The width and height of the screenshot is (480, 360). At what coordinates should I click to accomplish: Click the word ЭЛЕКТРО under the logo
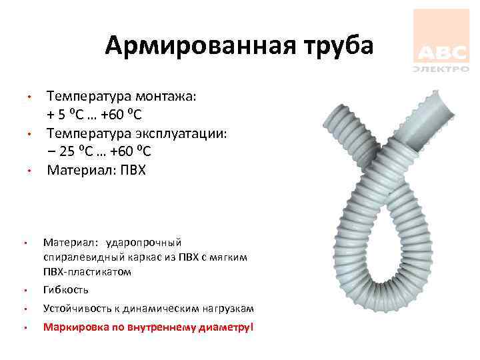click(440, 69)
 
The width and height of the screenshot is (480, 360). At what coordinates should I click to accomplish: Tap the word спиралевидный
click(78, 257)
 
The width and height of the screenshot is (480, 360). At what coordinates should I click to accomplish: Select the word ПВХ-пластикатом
click(87, 272)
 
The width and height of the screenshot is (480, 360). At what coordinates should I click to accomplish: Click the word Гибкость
click(65, 290)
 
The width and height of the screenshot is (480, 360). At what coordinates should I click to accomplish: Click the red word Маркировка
click(74, 327)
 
